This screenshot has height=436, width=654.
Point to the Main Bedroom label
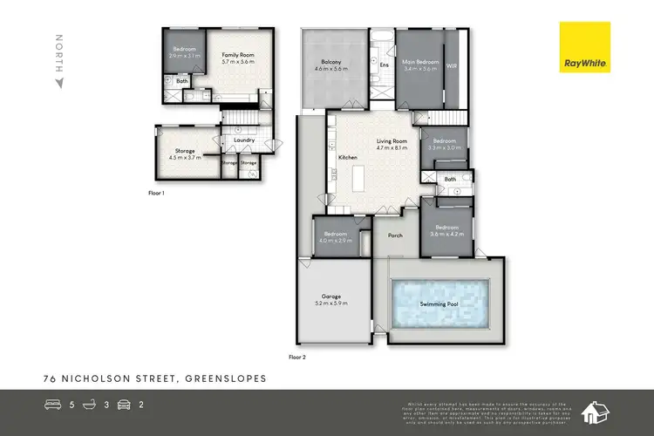click(x=419, y=62)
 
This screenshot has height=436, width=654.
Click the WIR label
click(x=451, y=65)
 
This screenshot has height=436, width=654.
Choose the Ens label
click(x=385, y=65)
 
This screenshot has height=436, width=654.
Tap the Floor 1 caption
click(x=156, y=191)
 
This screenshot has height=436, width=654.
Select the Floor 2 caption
click(x=297, y=357)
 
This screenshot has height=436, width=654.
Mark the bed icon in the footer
click(x=54, y=405)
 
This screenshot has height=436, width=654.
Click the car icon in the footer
click(x=125, y=405)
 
